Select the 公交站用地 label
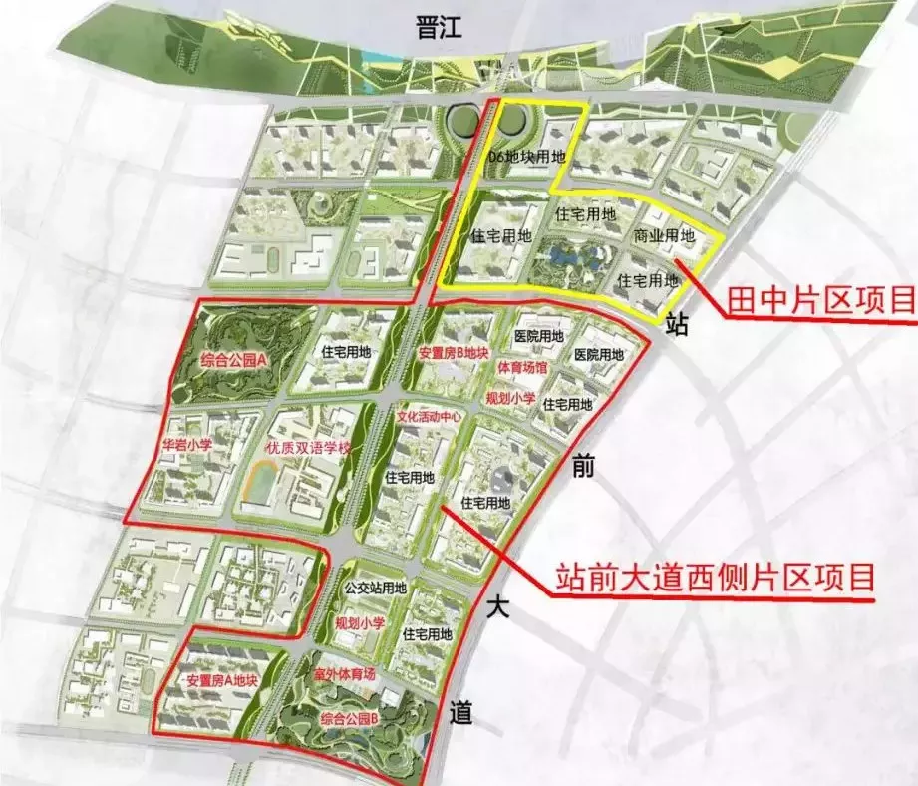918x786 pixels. click(374, 589)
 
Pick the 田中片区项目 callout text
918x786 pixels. click(820, 298)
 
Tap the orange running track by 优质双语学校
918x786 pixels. click(261, 490)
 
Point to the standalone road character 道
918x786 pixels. click(460, 713)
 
